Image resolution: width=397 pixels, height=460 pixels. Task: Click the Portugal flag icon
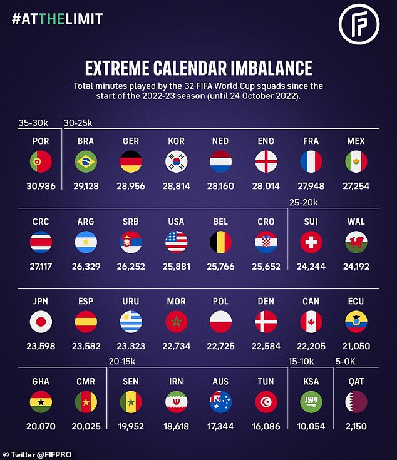point(41,162)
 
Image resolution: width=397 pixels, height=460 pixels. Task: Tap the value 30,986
point(41,185)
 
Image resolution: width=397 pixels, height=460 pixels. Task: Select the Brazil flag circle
point(86,162)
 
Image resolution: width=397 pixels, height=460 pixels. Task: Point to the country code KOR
point(176,141)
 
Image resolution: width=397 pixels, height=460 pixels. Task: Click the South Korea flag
point(176,162)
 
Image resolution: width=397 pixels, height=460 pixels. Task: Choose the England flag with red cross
point(266,162)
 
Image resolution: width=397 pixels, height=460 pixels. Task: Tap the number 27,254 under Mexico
point(356,185)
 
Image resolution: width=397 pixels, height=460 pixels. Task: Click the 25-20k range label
point(304,202)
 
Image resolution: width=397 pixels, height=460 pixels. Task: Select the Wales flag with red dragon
point(356,242)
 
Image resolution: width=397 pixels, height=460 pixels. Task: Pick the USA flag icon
point(176,242)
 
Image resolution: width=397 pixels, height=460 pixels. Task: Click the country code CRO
point(266,222)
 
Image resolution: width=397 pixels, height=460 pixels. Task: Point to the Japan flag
point(41,321)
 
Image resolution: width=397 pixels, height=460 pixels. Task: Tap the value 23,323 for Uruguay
point(131,344)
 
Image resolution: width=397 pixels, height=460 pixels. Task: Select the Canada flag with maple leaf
point(311,321)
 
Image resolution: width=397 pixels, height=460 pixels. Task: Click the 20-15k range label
point(123,361)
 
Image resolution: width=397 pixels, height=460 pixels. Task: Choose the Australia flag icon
point(221,401)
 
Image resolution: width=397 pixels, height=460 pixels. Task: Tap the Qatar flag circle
point(356,401)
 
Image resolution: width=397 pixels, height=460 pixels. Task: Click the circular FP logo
point(359,24)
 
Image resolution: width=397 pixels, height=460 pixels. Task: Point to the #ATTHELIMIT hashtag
point(56,19)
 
